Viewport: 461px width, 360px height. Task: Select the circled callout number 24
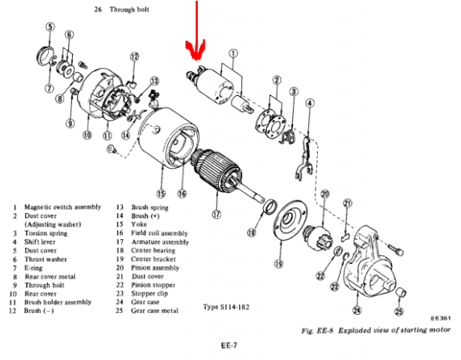(x=356, y=309)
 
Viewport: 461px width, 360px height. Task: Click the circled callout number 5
(x=49, y=27)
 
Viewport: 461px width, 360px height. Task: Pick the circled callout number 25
(x=399, y=310)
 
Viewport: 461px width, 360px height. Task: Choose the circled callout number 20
(x=325, y=194)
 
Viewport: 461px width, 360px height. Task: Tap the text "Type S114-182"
(x=232, y=307)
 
